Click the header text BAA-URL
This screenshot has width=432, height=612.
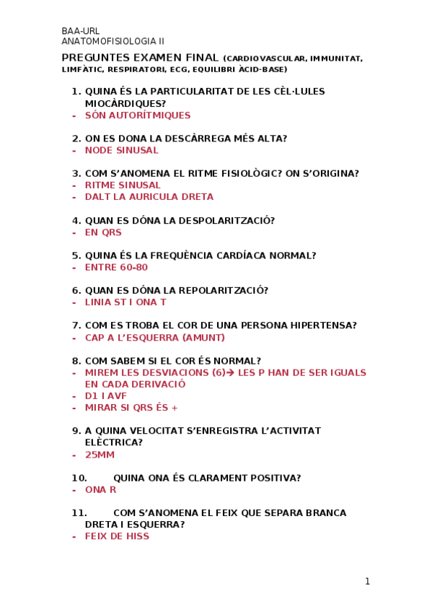click(81, 31)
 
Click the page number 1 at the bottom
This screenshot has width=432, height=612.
click(367, 581)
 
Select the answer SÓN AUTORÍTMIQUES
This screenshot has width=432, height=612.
click(138, 115)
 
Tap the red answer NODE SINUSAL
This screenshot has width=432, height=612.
click(121, 150)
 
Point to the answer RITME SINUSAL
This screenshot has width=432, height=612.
click(123, 185)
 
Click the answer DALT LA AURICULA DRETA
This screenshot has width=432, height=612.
click(149, 196)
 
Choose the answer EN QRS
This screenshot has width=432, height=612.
click(103, 232)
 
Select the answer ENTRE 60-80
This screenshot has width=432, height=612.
click(116, 267)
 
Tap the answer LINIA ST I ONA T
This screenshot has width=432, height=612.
click(125, 302)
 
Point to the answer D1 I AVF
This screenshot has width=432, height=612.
click(105, 395)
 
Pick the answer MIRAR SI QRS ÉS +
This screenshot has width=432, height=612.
click(131, 407)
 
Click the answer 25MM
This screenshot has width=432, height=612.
click(100, 455)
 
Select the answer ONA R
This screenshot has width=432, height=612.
click(100, 489)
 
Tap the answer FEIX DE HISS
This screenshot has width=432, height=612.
click(117, 536)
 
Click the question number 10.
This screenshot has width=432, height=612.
click(79, 478)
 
